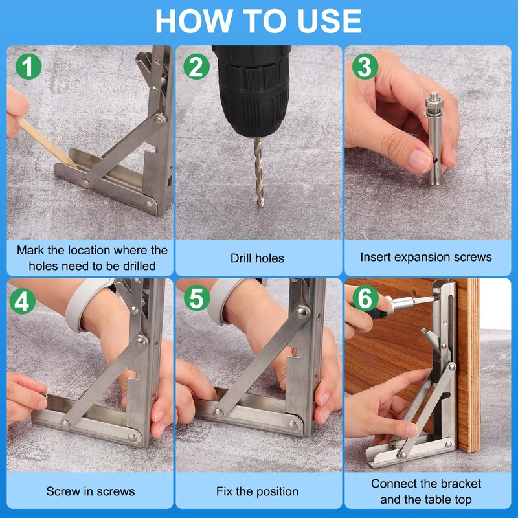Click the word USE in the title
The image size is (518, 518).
pyautogui.click(x=329, y=21)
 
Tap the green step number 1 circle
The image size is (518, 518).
pyautogui.click(x=28, y=67)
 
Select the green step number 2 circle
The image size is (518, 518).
pyautogui.click(x=197, y=67)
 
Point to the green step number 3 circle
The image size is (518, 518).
pyautogui.click(x=365, y=67)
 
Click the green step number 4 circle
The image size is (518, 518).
pyautogui.click(x=23, y=301)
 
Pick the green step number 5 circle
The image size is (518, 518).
pyautogui.click(x=197, y=298)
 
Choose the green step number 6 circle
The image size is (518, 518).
pyautogui.click(x=365, y=298)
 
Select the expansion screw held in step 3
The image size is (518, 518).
pyautogui.click(x=434, y=138)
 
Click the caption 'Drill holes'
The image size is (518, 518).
pyautogui.click(x=257, y=258)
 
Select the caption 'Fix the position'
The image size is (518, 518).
pyautogui.click(x=257, y=491)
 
